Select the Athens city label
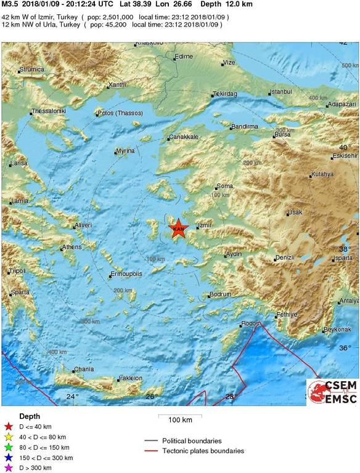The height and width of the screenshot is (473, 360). click(x=72, y=248)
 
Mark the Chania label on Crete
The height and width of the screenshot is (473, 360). click(x=84, y=370)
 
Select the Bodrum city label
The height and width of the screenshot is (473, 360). click(x=220, y=294)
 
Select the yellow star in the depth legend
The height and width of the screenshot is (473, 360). click(x=8, y=437)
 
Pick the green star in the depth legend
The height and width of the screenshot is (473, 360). click(x=8, y=447)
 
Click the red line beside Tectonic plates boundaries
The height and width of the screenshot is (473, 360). click(x=151, y=451)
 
